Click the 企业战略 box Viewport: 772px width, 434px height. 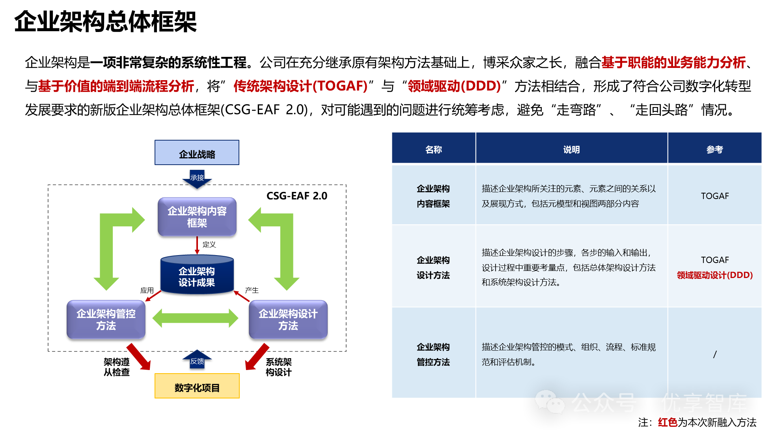point(197,153)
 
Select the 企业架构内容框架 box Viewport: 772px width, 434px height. point(197,217)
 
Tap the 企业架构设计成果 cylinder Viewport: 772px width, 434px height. point(197,275)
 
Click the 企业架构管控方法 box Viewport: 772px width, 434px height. point(106,319)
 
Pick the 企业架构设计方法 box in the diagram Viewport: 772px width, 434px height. point(288,319)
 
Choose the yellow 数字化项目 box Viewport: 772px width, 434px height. point(197,386)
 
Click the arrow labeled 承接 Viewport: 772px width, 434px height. point(197,178)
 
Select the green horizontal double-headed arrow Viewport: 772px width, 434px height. point(195,318)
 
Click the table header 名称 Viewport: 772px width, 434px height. point(433,149)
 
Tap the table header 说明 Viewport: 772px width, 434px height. point(571,149)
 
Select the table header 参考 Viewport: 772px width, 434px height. point(714,149)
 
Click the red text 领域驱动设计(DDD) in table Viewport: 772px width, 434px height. point(714,275)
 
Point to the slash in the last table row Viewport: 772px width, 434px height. point(714,354)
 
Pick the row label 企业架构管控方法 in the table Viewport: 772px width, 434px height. point(433,354)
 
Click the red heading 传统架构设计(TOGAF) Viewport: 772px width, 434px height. point(300,86)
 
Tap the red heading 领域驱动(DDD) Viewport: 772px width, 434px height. point(454,86)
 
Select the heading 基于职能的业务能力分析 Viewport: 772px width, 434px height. point(673,62)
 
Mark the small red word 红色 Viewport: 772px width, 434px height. point(668,423)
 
